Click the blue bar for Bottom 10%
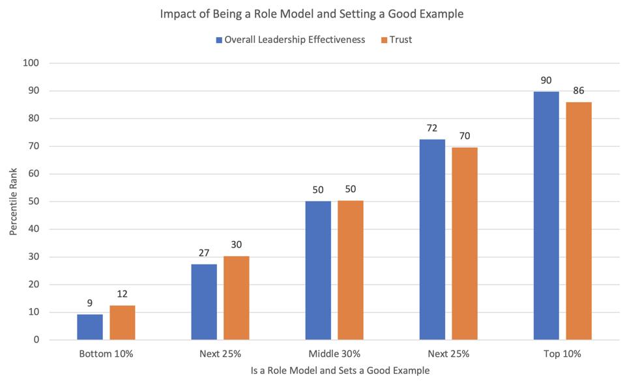click(90, 327)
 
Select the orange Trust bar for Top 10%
click(579, 221)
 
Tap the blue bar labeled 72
click(432, 240)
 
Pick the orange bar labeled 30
click(236, 298)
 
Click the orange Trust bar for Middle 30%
click(351, 270)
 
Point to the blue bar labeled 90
click(546, 216)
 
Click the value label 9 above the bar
click(90, 303)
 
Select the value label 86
click(579, 91)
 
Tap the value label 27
click(204, 253)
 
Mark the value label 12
click(123, 294)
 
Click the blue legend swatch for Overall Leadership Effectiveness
click(219, 40)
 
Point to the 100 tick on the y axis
click(32, 63)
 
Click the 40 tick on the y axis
click(35, 229)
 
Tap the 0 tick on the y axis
click(36, 339)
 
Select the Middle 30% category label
click(334, 354)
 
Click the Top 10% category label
click(562, 354)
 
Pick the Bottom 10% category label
click(106, 354)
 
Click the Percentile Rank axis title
click(14, 201)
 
